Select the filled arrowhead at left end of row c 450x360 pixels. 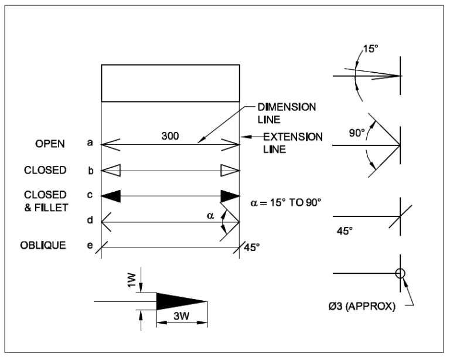(x=111, y=196)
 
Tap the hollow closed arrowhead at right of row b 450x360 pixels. (x=230, y=171)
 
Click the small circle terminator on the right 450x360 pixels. (x=400, y=273)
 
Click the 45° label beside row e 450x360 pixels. (x=251, y=247)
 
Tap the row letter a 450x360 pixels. (x=90, y=143)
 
